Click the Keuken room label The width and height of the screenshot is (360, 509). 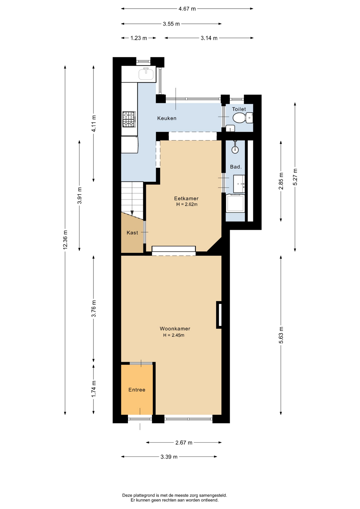click(x=167, y=118)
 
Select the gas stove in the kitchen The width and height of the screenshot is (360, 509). click(x=129, y=119)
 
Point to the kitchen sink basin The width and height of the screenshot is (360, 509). click(x=146, y=74)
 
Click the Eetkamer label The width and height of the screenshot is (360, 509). click(x=186, y=198)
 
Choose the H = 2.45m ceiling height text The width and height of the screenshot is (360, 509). click(x=174, y=335)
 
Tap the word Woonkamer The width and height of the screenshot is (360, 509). click(x=175, y=329)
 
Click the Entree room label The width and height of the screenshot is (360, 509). click(x=137, y=390)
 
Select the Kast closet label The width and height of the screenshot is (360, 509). click(x=132, y=233)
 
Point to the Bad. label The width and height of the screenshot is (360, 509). click(x=236, y=167)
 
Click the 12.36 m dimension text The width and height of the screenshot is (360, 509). click(x=65, y=240)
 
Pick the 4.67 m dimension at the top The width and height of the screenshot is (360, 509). click(x=187, y=9)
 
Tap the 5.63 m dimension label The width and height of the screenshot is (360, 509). click(x=281, y=335)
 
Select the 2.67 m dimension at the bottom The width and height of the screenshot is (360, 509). click(x=184, y=442)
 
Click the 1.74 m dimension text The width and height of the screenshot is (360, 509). click(x=94, y=389)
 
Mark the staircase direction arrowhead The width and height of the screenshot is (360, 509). click(x=132, y=213)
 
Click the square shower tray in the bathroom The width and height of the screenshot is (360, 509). click(x=235, y=203)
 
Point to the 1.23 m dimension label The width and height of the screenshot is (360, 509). click(x=139, y=38)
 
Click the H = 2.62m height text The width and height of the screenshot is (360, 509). click(x=187, y=204)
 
